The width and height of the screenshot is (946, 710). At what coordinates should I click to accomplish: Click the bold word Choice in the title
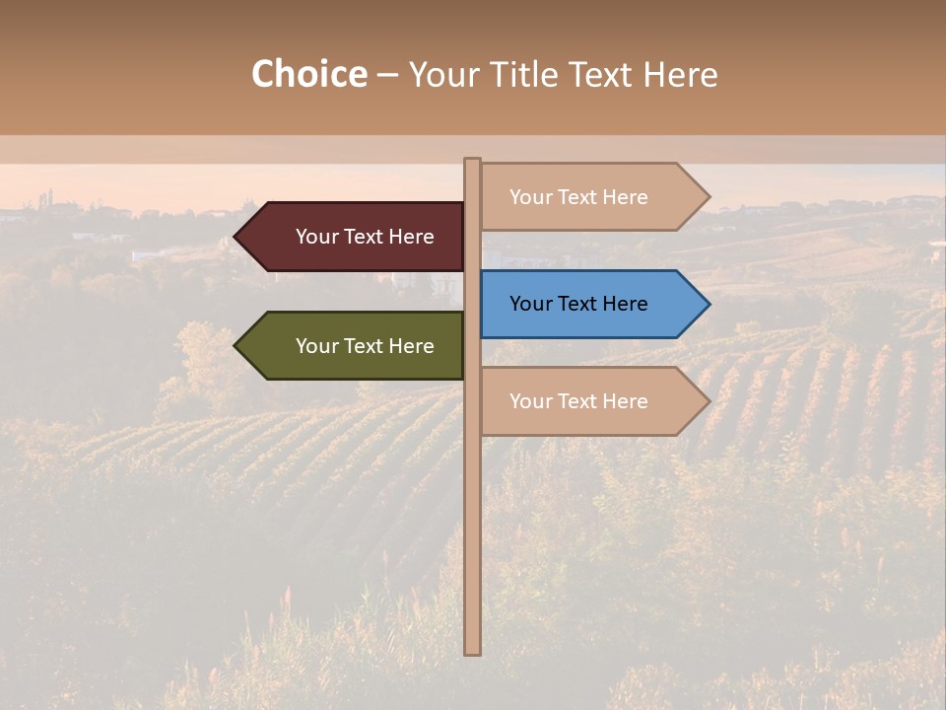click(x=309, y=74)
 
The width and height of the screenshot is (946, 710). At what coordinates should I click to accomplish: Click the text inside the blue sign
click(x=578, y=304)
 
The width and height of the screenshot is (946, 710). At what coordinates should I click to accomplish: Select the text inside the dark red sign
click(x=365, y=237)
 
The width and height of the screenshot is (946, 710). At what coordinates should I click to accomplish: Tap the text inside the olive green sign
click(x=365, y=346)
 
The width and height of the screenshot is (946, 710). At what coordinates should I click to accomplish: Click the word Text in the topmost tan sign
click(x=578, y=197)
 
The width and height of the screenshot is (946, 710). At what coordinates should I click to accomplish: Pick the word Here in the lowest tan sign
click(x=625, y=401)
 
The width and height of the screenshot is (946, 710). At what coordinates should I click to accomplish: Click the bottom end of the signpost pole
click(x=473, y=651)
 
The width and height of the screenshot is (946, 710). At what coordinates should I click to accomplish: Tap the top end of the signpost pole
click(x=473, y=162)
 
